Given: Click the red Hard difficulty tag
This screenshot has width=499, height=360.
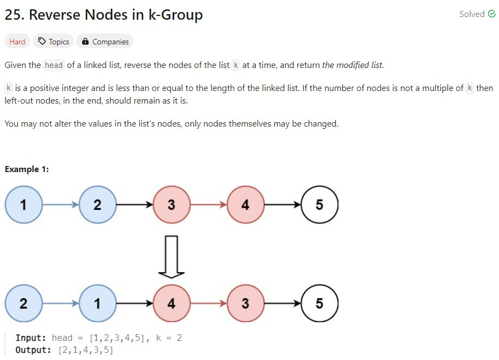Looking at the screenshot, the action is [x=17, y=42].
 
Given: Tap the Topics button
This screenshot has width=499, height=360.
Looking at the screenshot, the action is [x=54, y=42].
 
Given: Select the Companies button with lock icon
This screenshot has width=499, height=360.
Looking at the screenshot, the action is [x=105, y=42].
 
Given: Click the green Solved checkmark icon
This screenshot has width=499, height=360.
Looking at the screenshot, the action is [x=491, y=14].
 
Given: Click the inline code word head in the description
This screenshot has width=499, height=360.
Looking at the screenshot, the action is [x=54, y=65].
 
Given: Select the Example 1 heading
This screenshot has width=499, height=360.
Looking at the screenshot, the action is [x=27, y=169].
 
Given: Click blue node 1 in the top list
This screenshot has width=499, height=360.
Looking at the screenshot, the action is [x=24, y=205].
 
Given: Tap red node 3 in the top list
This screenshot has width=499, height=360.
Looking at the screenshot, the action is [x=171, y=205].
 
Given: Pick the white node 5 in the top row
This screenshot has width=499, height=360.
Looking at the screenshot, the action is [x=319, y=205].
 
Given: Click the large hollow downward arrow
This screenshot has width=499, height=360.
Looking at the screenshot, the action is [x=171, y=257].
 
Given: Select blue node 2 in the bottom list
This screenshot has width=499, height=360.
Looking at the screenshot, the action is [x=24, y=304].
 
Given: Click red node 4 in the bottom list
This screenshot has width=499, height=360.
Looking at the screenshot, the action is [x=171, y=304].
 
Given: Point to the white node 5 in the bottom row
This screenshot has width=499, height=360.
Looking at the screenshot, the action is [x=319, y=304].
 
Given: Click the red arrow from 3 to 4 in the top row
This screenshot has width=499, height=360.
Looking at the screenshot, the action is [x=209, y=205].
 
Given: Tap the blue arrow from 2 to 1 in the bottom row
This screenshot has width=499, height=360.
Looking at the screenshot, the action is [x=60, y=304].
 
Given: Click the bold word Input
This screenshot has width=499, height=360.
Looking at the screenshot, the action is [x=31, y=338].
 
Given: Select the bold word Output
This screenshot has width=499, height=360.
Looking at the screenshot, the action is [x=33, y=350].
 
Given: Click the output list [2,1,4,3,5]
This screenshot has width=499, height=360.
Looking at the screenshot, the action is [x=85, y=350].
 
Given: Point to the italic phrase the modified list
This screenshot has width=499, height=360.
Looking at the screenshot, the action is [x=352, y=65].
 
